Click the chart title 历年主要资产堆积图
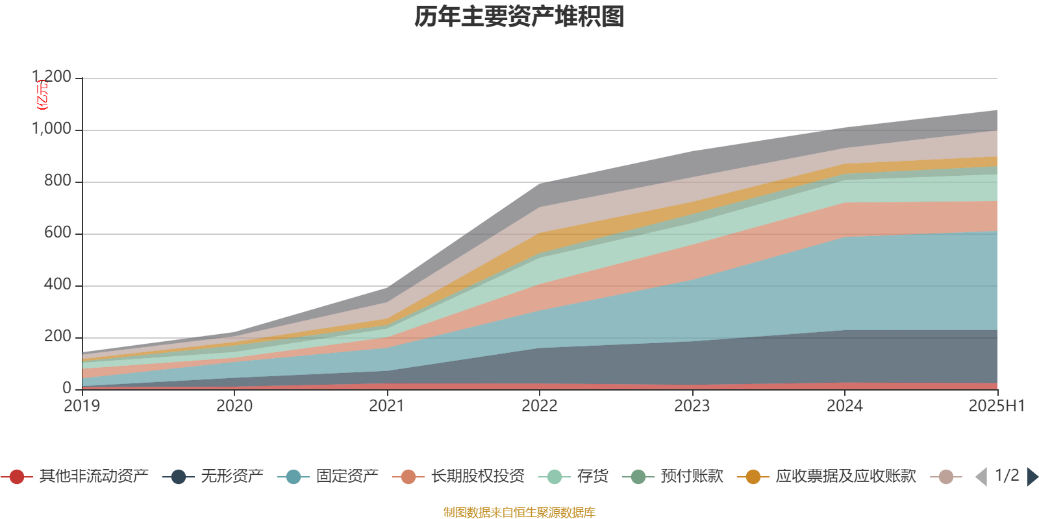[519, 17]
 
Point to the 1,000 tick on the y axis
[52, 129]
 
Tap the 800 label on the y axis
[58, 181]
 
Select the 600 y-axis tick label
[58, 233]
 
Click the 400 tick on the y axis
[58, 285]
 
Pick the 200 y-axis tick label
[58, 337]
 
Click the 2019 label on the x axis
[82, 406]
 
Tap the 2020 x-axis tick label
[234, 406]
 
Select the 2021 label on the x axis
[387, 406]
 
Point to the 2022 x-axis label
[540, 406]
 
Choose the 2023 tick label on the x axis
[692, 406]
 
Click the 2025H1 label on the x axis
[996, 406]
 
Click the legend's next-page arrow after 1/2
[1033, 477]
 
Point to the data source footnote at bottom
[519, 513]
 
